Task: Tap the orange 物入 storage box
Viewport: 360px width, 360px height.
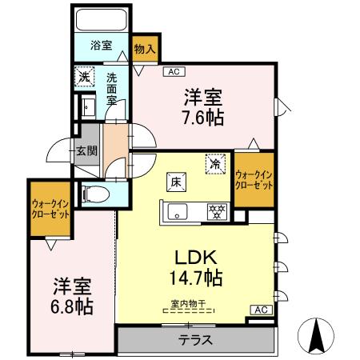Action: [x=145, y=50]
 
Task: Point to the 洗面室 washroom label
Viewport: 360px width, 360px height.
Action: [x=113, y=91]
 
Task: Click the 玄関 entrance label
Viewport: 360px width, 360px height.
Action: [x=86, y=150]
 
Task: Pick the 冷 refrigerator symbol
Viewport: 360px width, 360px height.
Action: [x=214, y=162]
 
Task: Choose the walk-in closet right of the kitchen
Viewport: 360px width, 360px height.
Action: [x=254, y=179]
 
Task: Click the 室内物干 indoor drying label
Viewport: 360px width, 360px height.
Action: [x=188, y=303]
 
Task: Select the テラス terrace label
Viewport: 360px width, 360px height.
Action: [x=195, y=339]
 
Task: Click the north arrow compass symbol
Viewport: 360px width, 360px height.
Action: [x=317, y=334]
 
